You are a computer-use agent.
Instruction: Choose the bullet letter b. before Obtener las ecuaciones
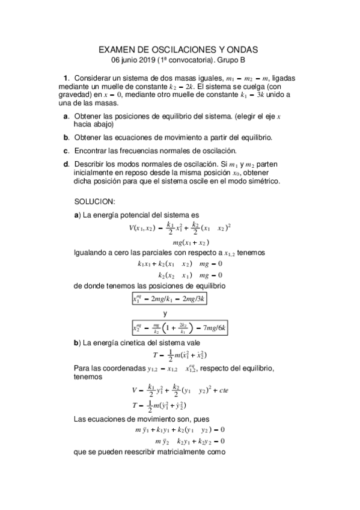(x=66, y=137)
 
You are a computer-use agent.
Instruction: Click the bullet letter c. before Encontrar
(x=66, y=150)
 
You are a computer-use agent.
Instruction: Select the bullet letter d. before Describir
(x=66, y=164)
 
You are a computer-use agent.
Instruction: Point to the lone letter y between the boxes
(x=165, y=313)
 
